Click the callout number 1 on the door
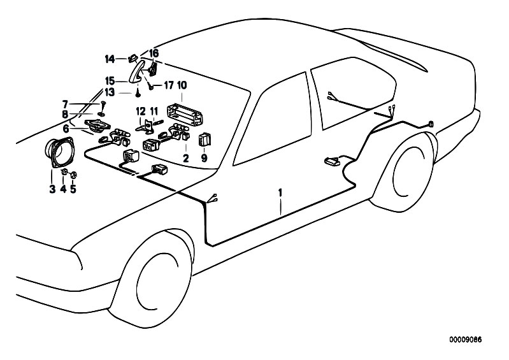coord(279,191)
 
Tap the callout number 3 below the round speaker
coord(52,189)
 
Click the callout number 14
coord(110,59)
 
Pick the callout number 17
coord(169,85)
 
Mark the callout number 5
coord(73,189)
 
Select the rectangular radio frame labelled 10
coord(182,113)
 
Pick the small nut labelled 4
coord(64,173)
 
